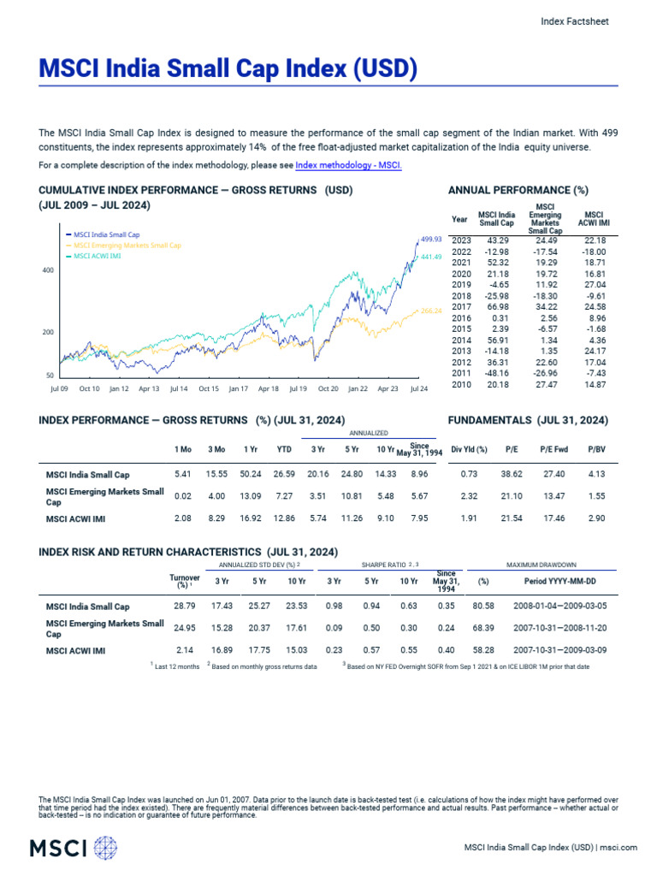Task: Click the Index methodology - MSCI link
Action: (x=348, y=164)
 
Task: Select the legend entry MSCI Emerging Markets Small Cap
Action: (x=127, y=245)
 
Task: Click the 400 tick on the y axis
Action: (x=48, y=270)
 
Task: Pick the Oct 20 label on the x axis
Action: (x=328, y=388)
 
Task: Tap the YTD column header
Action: (x=284, y=448)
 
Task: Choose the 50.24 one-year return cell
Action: (x=252, y=473)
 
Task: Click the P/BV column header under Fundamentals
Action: (x=596, y=448)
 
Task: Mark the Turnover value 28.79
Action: (x=185, y=607)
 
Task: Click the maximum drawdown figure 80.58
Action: (x=484, y=607)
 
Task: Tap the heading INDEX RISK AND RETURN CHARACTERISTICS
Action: (x=188, y=552)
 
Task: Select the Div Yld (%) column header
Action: (x=469, y=448)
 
